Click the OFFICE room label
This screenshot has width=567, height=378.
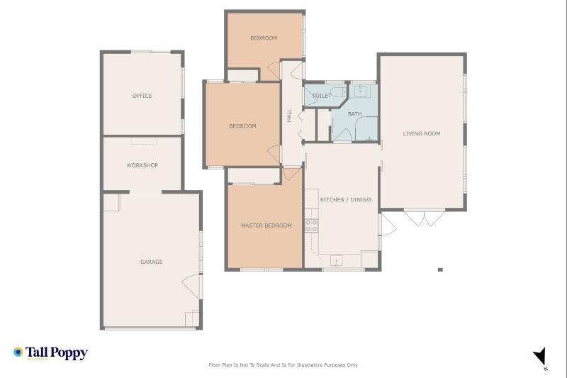[142, 96]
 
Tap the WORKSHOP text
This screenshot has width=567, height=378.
[142, 165]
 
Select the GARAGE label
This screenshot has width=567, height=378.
[151, 262]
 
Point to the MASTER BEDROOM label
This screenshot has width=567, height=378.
[266, 226]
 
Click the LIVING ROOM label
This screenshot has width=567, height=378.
[422, 133]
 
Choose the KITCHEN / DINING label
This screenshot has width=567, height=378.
[345, 200]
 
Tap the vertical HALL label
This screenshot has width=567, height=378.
[289, 115]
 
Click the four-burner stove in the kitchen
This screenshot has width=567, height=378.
[311, 226]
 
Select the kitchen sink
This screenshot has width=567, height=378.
[336, 260]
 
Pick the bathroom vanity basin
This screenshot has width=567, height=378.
[360, 90]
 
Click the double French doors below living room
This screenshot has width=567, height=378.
[423, 217]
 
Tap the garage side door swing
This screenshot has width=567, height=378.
[191, 285]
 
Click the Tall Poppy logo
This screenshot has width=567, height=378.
[50, 352]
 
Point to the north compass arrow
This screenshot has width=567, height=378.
[540, 357]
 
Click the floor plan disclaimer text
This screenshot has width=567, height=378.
[283, 365]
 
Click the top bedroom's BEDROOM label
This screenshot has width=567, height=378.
[264, 38]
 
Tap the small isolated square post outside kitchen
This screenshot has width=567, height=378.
[440, 269]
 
